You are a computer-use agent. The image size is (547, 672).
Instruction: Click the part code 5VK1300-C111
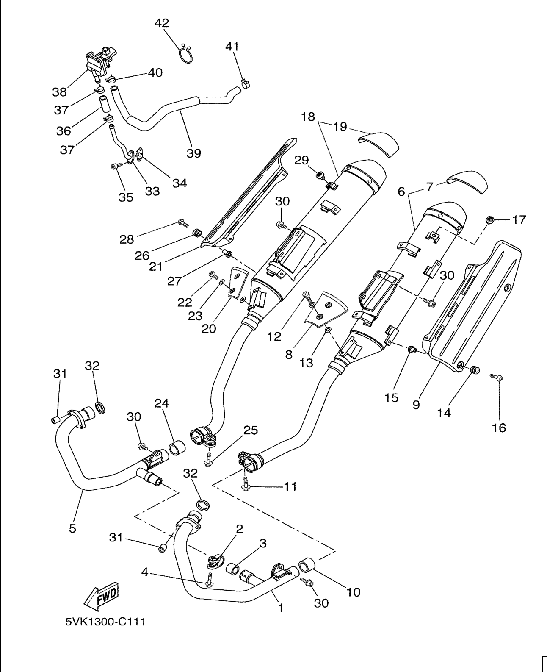(x=105, y=622)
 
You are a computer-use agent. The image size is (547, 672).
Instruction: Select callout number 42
(x=161, y=23)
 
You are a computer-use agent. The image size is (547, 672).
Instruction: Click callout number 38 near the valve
(x=60, y=91)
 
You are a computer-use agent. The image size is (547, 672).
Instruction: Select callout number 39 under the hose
(x=194, y=153)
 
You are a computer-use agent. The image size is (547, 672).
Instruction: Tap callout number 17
(x=519, y=219)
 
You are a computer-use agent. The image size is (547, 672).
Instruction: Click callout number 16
(x=499, y=428)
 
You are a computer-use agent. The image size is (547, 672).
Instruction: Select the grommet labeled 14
(x=474, y=370)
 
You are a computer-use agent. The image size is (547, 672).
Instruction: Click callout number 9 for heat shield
(x=416, y=405)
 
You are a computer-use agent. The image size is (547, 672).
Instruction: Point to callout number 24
(x=161, y=403)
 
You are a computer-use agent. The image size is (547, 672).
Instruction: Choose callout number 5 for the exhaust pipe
(x=72, y=528)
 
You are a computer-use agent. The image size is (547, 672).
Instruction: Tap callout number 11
(x=290, y=487)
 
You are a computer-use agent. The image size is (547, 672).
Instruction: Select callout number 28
(x=127, y=239)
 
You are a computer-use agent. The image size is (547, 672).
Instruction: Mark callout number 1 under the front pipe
(x=280, y=608)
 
